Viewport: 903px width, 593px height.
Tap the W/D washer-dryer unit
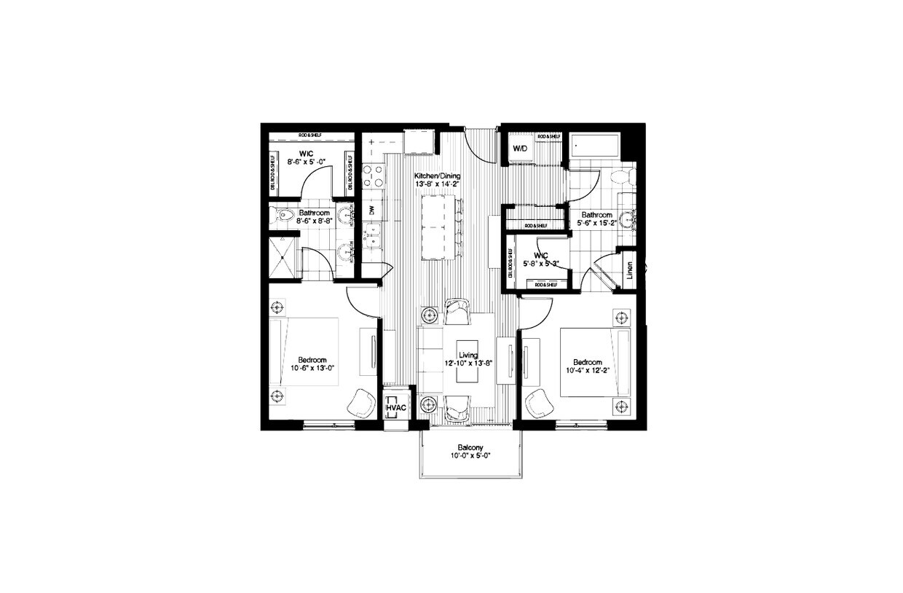pyautogui.click(x=519, y=149)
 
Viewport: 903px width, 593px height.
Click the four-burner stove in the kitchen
pyautogui.click(x=374, y=175)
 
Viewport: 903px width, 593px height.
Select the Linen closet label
pyautogui.click(x=628, y=270)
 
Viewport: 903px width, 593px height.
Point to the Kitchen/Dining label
pyautogui.click(x=437, y=176)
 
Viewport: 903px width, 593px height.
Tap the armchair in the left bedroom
pyautogui.click(x=361, y=403)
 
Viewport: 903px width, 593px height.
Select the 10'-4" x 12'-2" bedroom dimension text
pyautogui.click(x=587, y=372)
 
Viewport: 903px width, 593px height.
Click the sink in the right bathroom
pyautogui.click(x=628, y=216)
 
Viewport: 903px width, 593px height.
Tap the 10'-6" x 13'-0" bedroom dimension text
pyautogui.click(x=311, y=369)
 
